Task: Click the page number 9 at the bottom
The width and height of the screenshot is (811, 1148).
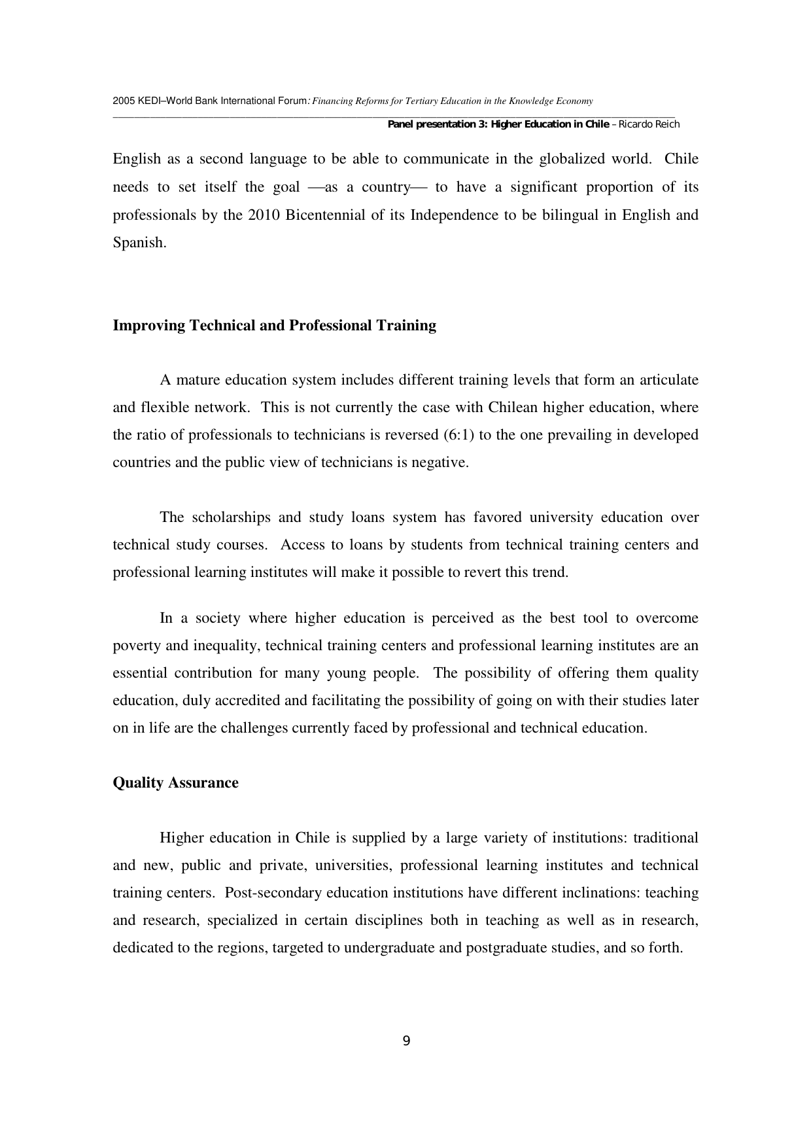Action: click(406, 1041)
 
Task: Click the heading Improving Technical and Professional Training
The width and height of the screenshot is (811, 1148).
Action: click(274, 326)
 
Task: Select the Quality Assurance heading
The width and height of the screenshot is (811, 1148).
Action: click(175, 783)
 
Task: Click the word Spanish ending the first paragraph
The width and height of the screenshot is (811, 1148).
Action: click(138, 243)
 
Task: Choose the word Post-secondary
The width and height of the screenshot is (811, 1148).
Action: click(273, 893)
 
